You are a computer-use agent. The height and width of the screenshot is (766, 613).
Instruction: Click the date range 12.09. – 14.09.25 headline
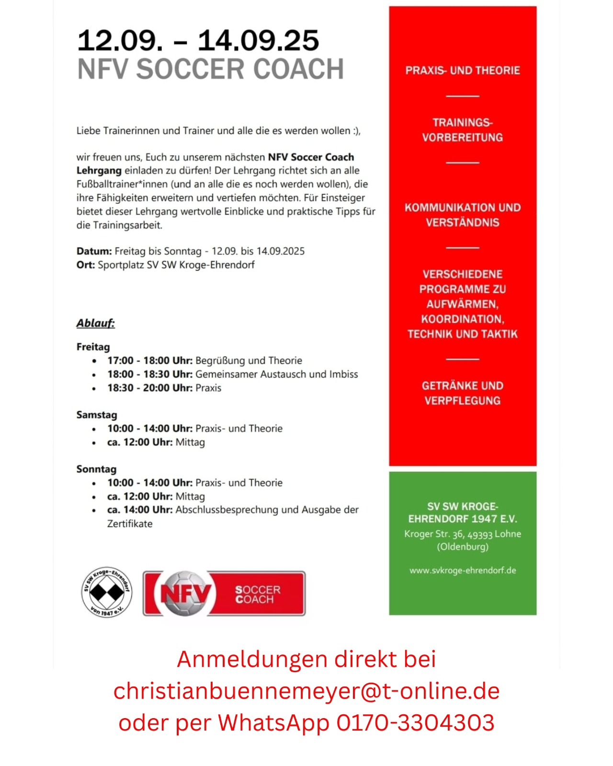coord(198,40)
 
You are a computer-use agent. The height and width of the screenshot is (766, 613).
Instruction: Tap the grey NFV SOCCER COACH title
coord(211,69)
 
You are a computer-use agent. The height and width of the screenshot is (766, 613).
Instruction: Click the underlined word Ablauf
coord(96,323)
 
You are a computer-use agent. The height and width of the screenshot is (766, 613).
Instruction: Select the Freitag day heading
coord(93,347)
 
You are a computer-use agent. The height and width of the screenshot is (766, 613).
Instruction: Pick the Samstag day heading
coord(97,415)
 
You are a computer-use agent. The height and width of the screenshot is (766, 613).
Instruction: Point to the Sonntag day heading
coord(96,469)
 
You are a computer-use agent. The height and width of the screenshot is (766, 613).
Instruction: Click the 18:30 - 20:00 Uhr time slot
coord(149,388)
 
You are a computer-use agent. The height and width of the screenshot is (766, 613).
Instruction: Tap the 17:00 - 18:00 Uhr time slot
coord(149,360)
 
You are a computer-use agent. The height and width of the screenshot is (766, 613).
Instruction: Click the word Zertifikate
coord(130,524)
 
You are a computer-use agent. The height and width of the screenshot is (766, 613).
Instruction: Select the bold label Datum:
coord(94,251)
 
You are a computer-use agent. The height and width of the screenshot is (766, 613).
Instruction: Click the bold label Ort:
coord(86,265)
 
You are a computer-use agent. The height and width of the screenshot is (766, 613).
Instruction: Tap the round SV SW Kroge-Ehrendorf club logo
coord(107,592)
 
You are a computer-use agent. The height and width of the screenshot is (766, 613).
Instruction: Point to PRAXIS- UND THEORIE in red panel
coord(463,70)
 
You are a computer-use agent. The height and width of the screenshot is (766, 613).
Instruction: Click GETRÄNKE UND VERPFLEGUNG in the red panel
coord(463,393)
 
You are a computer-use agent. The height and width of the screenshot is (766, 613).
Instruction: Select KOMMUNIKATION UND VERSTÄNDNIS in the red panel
coord(463,215)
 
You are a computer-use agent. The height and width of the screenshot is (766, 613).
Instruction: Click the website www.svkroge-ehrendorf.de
coord(463,570)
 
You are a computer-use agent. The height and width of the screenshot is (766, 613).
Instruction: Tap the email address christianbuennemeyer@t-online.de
coord(306,691)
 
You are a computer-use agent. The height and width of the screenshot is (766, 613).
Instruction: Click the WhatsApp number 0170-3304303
coord(415,722)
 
